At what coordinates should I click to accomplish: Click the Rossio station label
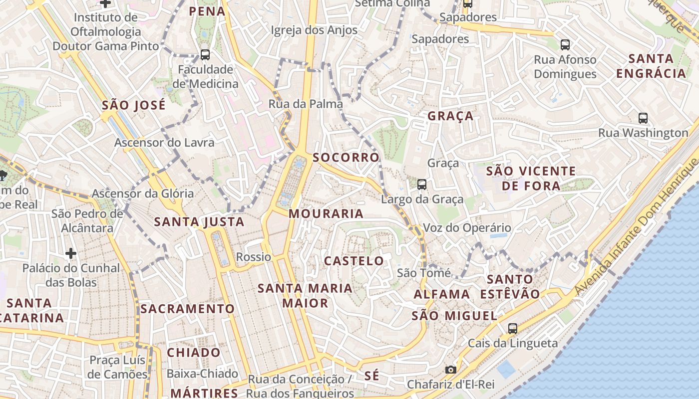pyautogui.click(x=254, y=257)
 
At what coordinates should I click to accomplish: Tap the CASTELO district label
pyautogui.click(x=354, y=261)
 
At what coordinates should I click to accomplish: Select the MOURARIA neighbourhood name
pyautogui.click(x=326, y=213)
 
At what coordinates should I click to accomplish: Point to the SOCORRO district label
pyautogui.click(x=346, y=158)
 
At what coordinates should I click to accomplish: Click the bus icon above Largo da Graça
pyautogui.click(x=422, y=185)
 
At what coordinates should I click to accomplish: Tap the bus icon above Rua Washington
pyautogui.click(x=643, y=118)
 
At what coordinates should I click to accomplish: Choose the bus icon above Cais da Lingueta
pyautogui.click(x=513, y=328)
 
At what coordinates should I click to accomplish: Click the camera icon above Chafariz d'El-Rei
pyautogui.click(x=450, y=370)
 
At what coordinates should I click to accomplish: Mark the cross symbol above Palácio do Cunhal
pyautogui.click(x=71, y=253)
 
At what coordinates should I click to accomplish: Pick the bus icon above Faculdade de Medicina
pyautogui.click(x=205, y=54)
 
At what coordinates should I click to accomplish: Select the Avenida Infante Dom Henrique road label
pyautogui.click(x=637, y=227)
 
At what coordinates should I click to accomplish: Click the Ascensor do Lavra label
pyautogui.click(x=164, y=143)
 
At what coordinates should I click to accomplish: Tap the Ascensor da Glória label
pyautogui.click(x=143, y=194)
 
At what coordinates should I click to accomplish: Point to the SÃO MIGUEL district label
pyautogui.click(x=454, y=316)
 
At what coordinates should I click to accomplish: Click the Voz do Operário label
pyautogui.click(x=467, y=228)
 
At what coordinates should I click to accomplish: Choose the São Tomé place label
pyautogui.click(x=424, y=273)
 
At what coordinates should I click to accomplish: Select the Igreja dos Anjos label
pyautogui.click(x=314, y=30)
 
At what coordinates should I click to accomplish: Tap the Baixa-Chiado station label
pyautogui.click(x=202, y=374)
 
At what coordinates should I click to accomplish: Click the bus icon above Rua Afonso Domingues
pyautogui.click(x=565, y=45)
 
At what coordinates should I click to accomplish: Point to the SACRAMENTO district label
pyautogui.click(x=187, y=309)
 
